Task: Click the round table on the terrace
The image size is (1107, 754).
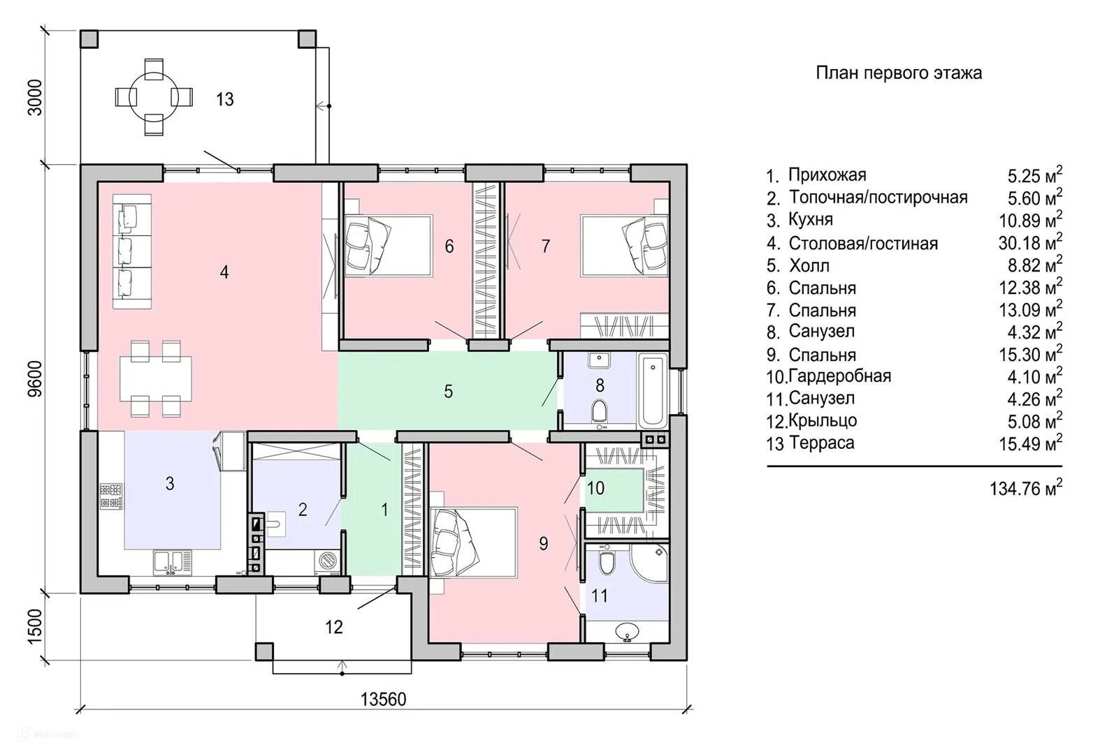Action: [x=153, y=97]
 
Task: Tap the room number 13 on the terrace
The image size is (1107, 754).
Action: [x=224, y=99]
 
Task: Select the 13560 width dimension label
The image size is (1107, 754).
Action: [x=383, y=699]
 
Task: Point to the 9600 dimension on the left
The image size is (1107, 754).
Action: [x=36, y=378]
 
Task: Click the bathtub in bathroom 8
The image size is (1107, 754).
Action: [x=652, y=390]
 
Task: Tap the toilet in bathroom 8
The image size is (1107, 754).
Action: [x=600, y=411]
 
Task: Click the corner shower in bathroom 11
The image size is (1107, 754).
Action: [x=649, y=562]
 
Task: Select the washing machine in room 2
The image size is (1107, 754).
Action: [x=327, y=561]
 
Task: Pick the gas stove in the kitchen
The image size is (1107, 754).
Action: [x=111, y=497]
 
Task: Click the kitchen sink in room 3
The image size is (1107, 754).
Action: [x=169, y=563]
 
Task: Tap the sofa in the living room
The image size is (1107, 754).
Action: [x=132, y=251]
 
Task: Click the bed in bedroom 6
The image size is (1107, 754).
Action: [x=389, y=245]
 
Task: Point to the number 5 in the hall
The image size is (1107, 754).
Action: [x=448, y=392]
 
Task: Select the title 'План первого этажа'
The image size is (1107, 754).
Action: [x=899, y=73]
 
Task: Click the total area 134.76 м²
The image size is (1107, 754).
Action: [x=1025, y=488]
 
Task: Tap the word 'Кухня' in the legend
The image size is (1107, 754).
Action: [x=811, y=219]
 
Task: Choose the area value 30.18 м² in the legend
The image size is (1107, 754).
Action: [x=1030, y=242]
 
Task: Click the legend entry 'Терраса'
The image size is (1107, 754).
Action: [x=821, y=443]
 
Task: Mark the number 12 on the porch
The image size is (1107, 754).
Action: [x=333, y=627]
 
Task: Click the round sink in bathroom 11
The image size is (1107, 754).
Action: [x=628, y=631]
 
